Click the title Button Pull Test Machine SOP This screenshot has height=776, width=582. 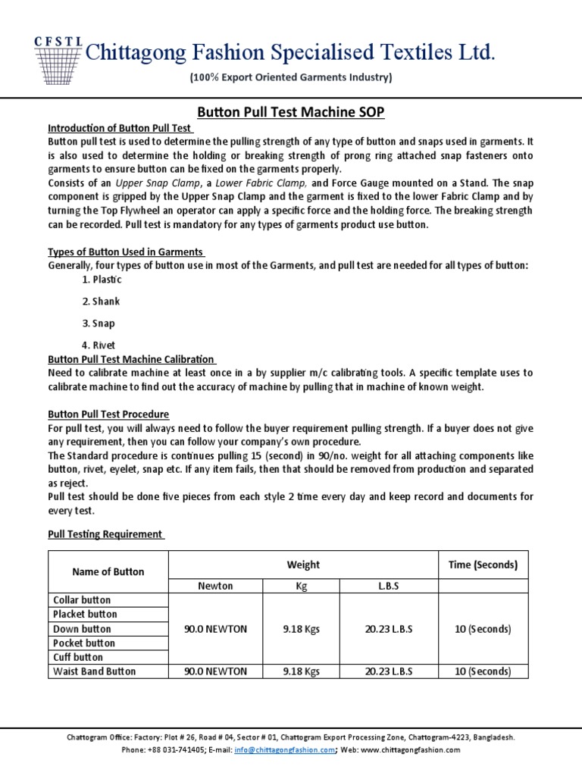tap(291, 112)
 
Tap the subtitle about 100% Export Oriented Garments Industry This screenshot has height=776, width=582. tap(290, 78)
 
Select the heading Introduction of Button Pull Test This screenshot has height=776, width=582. tap(119, 128)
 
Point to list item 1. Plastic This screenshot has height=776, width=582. tap(102, 280)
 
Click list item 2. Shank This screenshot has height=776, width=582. tap(101, 302)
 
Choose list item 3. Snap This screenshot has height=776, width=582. tap(99, 324)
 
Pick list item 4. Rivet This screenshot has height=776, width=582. tap(99, 346)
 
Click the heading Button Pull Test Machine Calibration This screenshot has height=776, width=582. tap(132, 359)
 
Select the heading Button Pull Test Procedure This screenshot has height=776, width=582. tap(108, 415)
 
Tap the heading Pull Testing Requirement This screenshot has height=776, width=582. tap(105, 534)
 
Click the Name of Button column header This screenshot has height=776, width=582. tap(108, 572)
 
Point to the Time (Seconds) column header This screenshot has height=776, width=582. tap(483, 565)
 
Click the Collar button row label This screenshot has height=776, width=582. tap(82, 600)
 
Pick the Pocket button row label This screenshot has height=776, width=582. tap(84, 643)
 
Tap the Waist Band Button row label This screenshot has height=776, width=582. tap(94, 671)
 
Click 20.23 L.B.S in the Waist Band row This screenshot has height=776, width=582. tap(389, 671)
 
